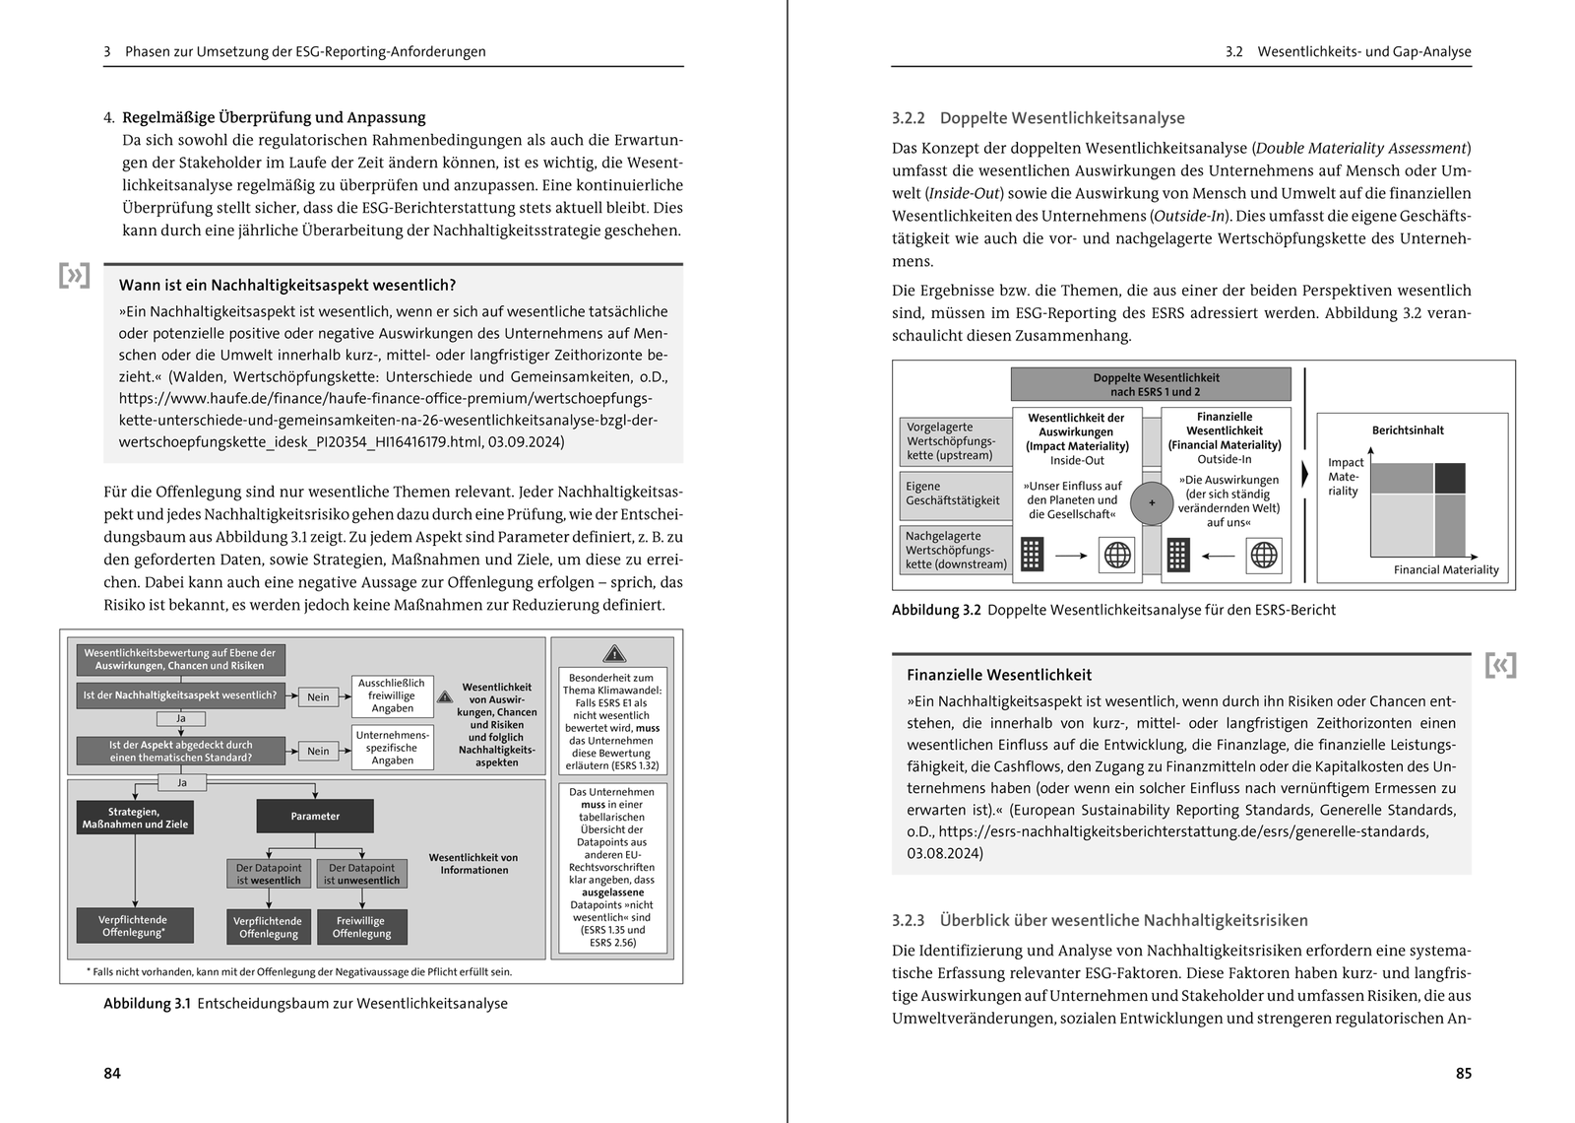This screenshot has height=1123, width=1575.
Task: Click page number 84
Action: (112, 1073)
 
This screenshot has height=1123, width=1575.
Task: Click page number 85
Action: (1463, 1073)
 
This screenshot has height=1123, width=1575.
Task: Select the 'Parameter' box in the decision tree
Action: (315, 816)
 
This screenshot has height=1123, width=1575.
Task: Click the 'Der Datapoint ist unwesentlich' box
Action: (361, 874)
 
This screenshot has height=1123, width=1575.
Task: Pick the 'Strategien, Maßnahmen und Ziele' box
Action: (135, 818)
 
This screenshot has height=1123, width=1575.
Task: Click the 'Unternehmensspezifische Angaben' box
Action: (393, 748)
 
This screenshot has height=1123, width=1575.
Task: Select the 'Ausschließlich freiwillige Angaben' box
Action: (392, 695)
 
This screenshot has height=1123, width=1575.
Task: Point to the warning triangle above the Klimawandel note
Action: (613, 653)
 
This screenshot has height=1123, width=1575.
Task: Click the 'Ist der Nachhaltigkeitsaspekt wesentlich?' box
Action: (180, 695)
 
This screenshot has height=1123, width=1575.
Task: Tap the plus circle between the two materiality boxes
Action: (1151, 502)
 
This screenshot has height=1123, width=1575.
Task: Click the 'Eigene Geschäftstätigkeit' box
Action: (953, 494)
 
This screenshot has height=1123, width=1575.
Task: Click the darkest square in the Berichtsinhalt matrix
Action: (1449, 478)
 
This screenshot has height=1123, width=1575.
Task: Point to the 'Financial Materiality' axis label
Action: (1445, 569)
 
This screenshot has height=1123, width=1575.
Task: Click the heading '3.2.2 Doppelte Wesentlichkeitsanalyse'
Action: (1038, 118)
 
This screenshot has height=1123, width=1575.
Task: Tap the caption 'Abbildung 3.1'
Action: (147, 1004)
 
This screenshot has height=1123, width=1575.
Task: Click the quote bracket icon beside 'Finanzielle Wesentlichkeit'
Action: (1500, 665)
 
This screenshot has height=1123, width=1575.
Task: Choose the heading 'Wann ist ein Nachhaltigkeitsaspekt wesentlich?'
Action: (287, 286)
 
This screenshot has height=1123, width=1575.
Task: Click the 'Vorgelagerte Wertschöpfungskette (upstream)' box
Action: (953, 441)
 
